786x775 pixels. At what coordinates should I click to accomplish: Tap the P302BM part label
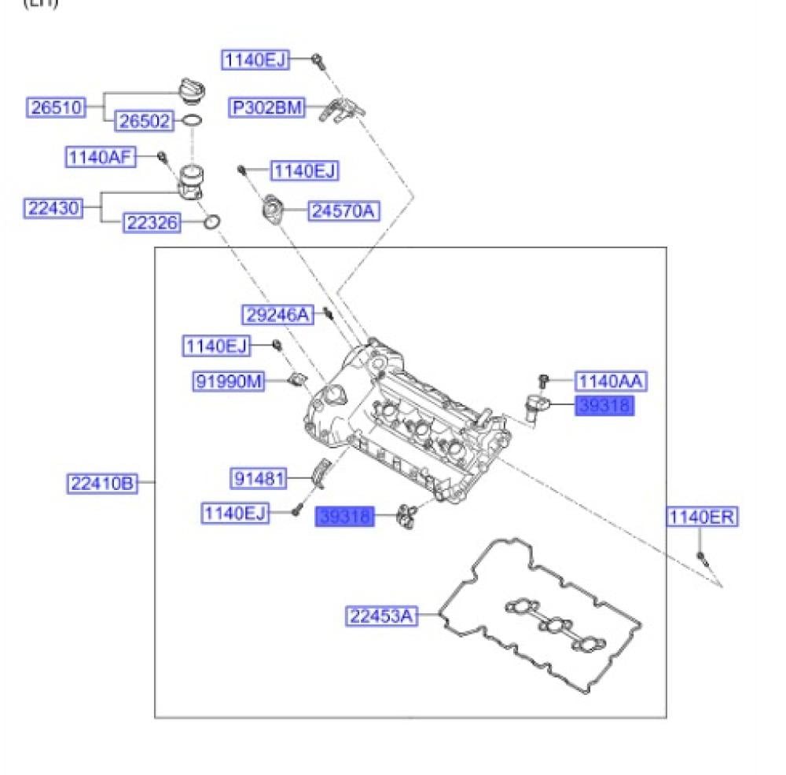(266, 108)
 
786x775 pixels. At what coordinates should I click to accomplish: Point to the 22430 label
(52, 208)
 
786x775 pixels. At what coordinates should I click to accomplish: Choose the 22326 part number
(151, 223)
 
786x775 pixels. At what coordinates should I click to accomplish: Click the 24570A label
(343, 210)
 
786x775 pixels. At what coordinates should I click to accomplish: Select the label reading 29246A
(276, 315)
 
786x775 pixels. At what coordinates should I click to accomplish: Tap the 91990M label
(228, 382)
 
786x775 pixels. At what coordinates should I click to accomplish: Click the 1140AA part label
(611, 382)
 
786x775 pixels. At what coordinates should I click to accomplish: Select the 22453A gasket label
(380, 616)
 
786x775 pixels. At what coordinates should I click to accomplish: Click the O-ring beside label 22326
(211, 224)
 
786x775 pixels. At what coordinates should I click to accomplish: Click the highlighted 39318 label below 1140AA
(604, 406)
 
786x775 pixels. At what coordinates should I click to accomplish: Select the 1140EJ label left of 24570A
(304, 170)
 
